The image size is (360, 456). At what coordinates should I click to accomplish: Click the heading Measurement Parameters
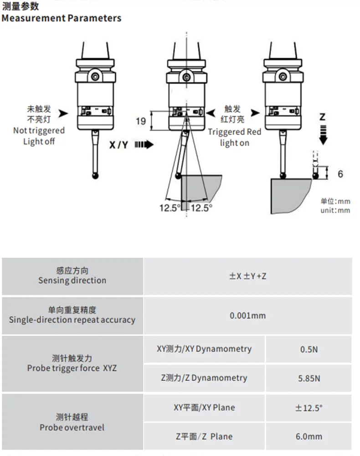click(62, 18)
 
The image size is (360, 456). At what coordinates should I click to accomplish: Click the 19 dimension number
click(141, 121)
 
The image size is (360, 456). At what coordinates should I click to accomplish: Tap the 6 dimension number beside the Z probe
click(340, 174)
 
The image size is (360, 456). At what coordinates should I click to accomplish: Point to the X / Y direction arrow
click(144, 145)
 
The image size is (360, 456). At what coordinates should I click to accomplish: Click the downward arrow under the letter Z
click(323, 135)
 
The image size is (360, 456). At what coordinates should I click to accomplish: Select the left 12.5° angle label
click(170, 208)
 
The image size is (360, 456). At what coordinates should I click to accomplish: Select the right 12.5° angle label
click(202, 208)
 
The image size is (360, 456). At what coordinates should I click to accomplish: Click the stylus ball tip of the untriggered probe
click(95, 176)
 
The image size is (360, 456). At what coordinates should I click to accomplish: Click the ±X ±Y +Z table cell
click(248, 276)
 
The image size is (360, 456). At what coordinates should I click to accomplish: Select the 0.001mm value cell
click(248, 316)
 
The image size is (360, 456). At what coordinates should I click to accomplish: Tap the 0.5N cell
click(309, 349)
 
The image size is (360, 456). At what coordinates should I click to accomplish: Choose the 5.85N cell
click(309, 378)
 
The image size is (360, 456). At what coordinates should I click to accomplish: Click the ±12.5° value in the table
click(309, 408)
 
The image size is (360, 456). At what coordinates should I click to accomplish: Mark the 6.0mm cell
click(309, 436)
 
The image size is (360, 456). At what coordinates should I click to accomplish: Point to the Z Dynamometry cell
click(204, 378)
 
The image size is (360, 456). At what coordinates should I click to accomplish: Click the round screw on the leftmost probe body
click(95, 77)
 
